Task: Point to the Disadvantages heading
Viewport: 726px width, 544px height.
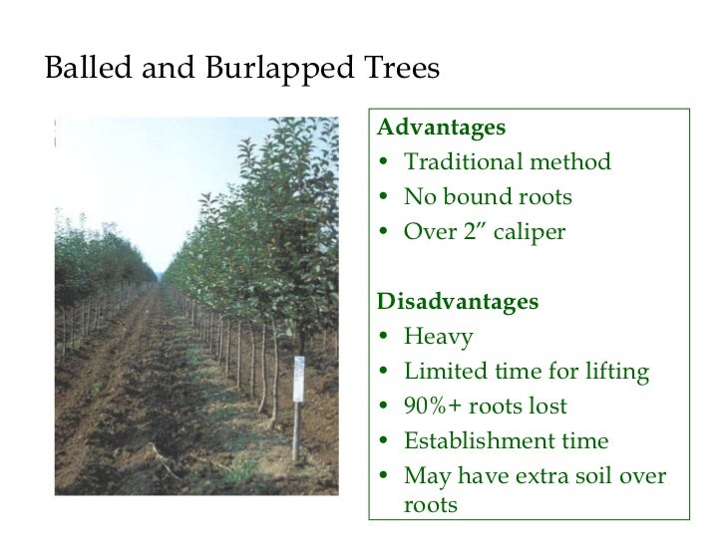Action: click(456, 302)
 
